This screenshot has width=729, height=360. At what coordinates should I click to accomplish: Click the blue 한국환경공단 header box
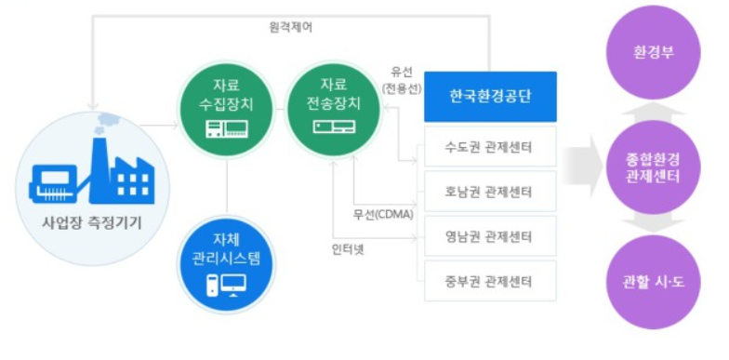click(489, 96)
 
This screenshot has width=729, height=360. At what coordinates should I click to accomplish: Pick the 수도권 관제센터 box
click(489, 146)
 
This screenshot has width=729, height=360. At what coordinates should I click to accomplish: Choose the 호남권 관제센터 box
click(489, 192)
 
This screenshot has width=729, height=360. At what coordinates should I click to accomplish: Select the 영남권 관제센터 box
click(489, 236)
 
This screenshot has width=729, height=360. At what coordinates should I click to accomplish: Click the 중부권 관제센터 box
click(489, 281)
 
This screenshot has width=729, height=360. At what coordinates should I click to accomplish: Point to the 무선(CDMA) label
click(381, 216)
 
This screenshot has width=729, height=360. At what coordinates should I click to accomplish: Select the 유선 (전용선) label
click(402, 81)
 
